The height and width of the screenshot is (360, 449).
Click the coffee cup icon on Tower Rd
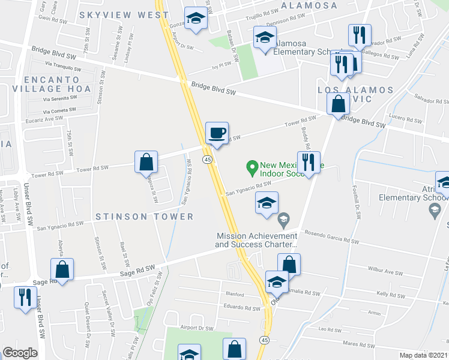coord(217,133)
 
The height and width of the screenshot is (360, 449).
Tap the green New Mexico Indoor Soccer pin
coord(252,166)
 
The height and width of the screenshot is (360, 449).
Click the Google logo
coord(20,353)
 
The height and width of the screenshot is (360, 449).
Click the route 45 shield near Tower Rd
coord(207,159)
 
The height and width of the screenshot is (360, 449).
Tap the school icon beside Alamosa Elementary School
coord(265,38)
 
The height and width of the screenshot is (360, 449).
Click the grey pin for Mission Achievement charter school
coord(284,218)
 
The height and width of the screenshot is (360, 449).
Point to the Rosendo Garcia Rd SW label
coord(331,236)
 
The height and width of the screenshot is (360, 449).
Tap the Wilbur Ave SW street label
coord(385,272)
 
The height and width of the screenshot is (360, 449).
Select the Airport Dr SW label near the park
coord(197,328)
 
